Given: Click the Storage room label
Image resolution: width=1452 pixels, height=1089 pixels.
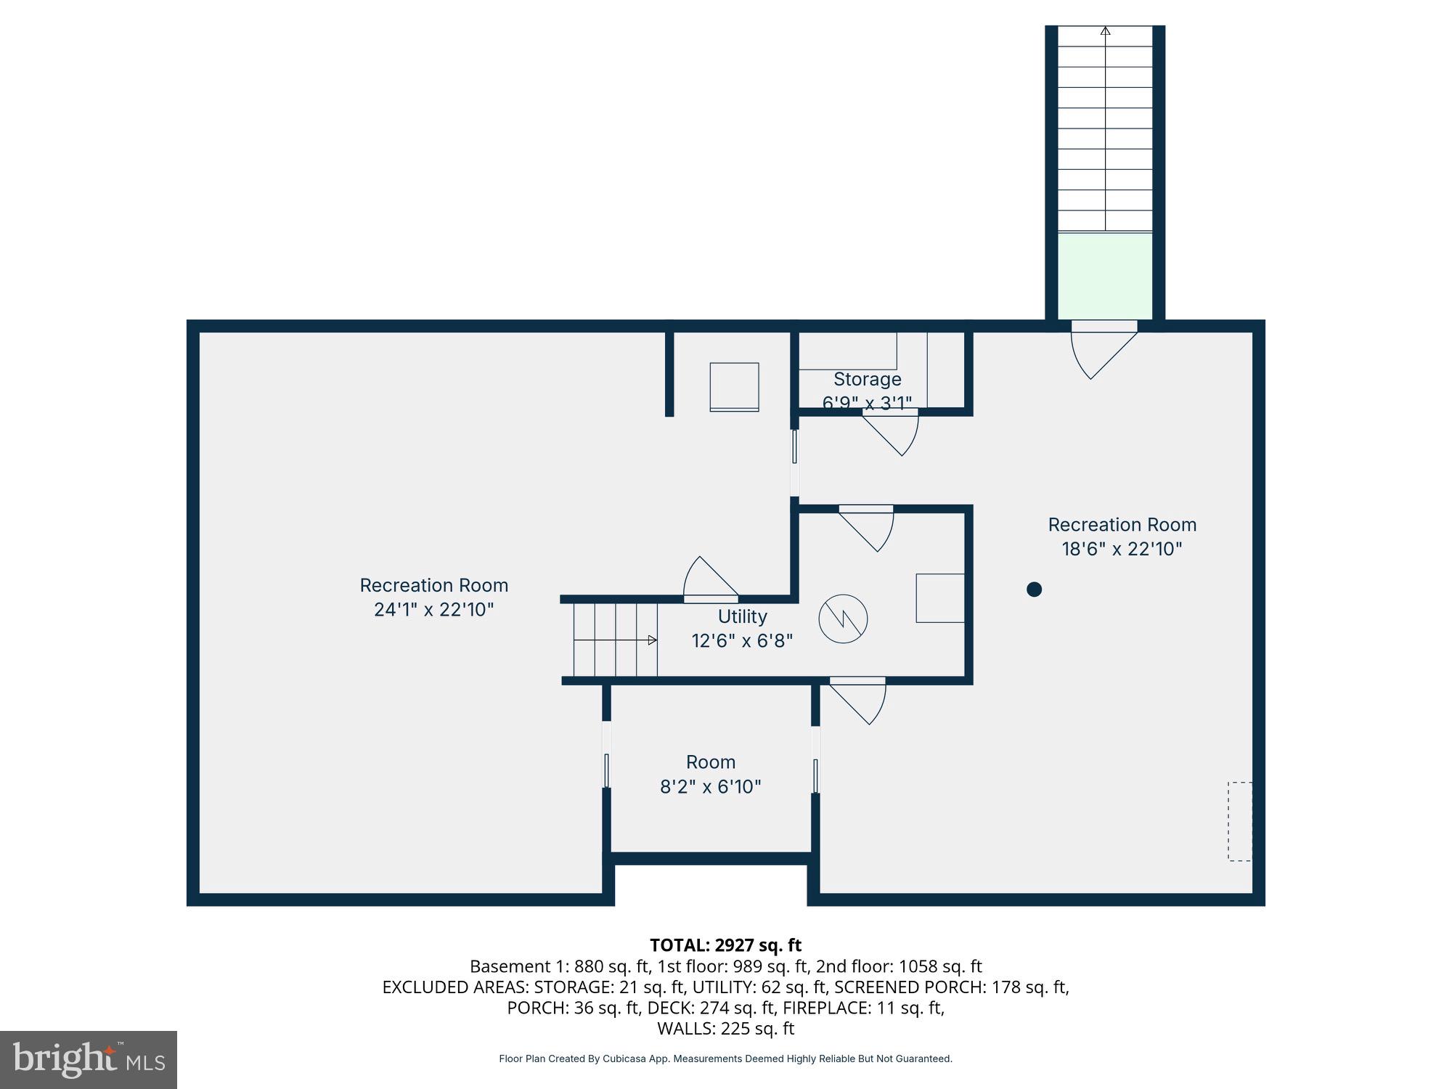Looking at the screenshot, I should click(x=867, y=379).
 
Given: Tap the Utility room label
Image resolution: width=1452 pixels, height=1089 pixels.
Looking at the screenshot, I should click(x=742, y=616).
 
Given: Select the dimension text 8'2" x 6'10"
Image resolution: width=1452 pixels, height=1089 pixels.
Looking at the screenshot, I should click(x=710, y=786).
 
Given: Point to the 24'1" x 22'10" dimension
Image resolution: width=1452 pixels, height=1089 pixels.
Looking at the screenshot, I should click(x=433, y=609).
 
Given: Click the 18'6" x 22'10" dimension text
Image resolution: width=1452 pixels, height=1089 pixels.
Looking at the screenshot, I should click(x=1122, y=549).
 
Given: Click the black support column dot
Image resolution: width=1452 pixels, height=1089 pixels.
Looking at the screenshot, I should click(x=1034, y=590).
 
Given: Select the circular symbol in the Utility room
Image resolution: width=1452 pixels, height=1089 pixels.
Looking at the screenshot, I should click(x=843, y=619).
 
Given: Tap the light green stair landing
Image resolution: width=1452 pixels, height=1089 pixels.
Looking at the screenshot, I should click(x=1104, y=276).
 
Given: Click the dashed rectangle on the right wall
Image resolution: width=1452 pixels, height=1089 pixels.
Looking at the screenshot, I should click(x=1239, y=821).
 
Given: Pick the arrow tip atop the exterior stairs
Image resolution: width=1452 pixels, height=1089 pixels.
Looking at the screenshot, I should click(x=1105, y=31).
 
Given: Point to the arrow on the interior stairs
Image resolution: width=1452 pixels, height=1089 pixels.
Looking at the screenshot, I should click(x=651, y=640).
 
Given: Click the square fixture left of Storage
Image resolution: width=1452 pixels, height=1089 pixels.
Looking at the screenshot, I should click(x=734, y=387).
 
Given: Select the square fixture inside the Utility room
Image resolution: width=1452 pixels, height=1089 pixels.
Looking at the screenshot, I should click(x=939, y=598).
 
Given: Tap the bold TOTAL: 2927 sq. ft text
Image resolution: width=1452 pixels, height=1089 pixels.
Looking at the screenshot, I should click(x=725, y=945).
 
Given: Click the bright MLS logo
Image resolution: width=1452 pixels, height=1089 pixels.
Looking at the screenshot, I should click(x=89, y=1059).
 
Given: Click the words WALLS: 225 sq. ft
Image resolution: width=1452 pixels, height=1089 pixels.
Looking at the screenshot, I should click(x=725, y=1029).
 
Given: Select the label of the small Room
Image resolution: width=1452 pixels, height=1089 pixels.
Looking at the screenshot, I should click(x=710, y=762).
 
